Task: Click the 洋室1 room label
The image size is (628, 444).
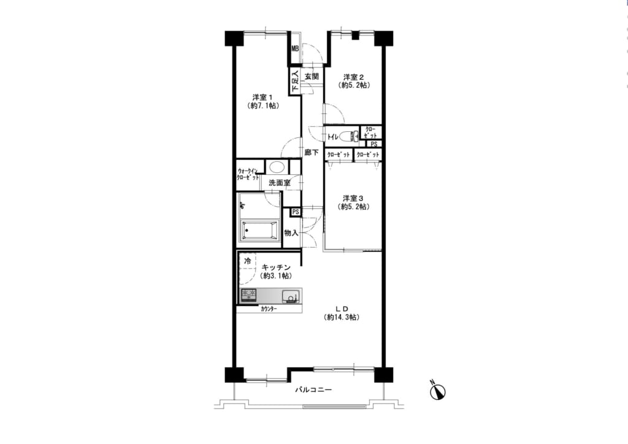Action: (x=262, y=97)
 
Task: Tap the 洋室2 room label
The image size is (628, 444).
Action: (x=354, y=77)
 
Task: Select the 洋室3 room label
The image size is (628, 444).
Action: (x=353, y=198)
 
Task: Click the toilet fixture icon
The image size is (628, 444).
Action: (x=350, y=137)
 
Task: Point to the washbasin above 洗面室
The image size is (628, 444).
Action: (x=276, y=167)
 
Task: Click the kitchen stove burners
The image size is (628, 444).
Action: (x=248, y=296)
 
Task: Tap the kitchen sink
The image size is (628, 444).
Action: (x=290, y=296)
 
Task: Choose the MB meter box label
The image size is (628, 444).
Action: (x=295, y=49)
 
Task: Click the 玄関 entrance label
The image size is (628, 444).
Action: (x=312, y=76)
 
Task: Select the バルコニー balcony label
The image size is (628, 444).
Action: (x=313, y=389)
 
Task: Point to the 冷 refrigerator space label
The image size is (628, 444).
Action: (x=248, y=261)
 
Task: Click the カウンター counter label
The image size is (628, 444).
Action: (x=269, y=308)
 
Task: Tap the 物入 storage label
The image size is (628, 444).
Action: (x=291, y=232)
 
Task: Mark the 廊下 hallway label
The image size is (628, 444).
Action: (x=311, y=153)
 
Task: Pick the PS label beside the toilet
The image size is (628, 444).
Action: (x=373, y=144)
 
